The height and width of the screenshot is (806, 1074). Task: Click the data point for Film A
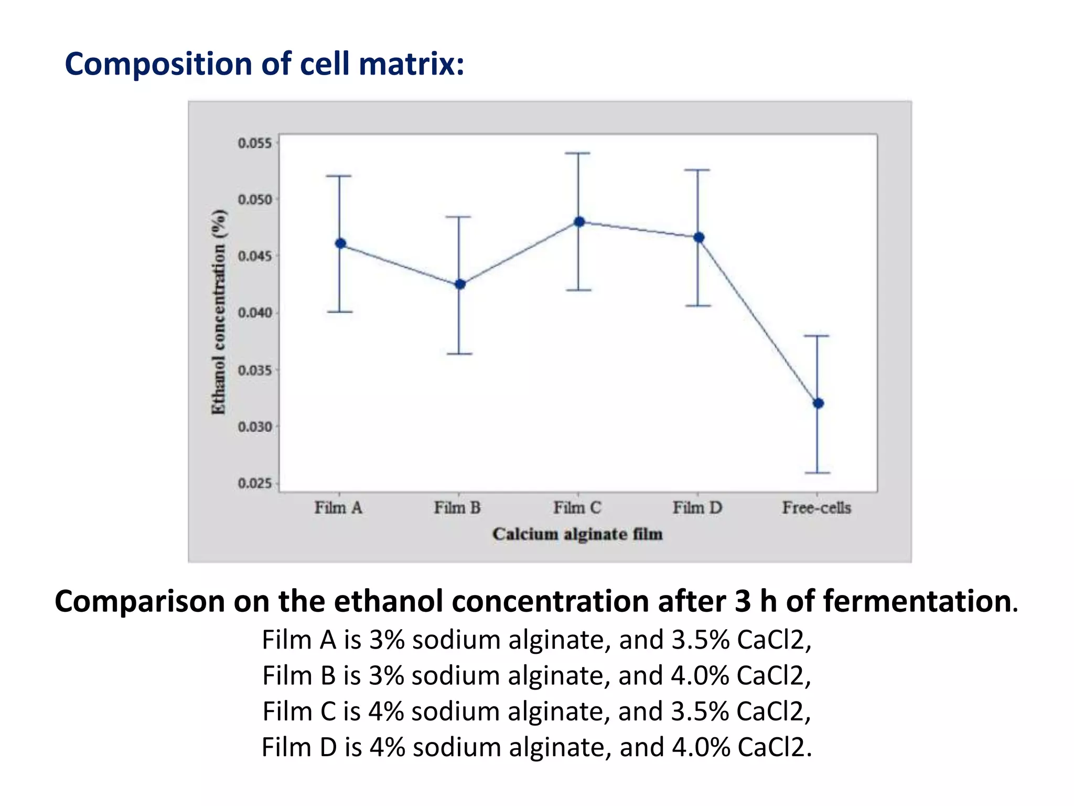coord(340,243)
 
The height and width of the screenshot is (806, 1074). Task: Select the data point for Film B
coord(460,284)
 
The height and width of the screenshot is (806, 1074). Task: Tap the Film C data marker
coord(579,222)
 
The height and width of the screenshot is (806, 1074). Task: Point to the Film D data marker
coord(699,238)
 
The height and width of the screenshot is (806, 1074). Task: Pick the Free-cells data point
coord(818,404)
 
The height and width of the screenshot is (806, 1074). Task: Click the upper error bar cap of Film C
coord(577,153)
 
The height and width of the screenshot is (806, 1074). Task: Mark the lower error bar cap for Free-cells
coord(817,473)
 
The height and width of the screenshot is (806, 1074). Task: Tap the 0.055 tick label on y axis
coord(255,143)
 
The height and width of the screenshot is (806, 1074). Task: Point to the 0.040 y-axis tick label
coord(255,313)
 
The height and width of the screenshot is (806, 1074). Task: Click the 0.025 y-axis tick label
coord(255,483)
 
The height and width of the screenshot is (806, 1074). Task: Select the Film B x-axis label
coord(457,508)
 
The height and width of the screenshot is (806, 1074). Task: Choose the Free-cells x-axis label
coord(817,508)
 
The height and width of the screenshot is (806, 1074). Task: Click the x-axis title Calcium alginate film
coord(577,534)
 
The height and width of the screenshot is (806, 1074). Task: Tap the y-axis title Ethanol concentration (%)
coord(219,312)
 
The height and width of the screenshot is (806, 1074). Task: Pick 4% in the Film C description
coord(386,712)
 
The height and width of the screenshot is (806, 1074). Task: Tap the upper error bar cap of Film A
coord(339,176)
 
